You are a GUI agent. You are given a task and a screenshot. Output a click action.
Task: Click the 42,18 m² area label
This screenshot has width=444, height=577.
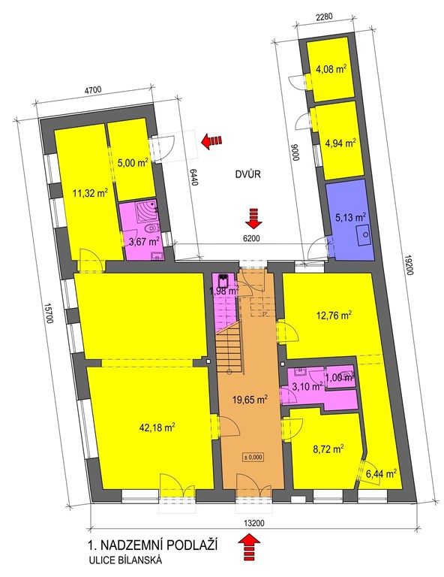tap(157, 427)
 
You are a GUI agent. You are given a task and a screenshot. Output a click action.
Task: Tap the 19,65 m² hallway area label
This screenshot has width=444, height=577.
tap(249, 398)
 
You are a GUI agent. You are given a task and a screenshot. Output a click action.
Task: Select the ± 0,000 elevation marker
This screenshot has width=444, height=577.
tap(253, 457)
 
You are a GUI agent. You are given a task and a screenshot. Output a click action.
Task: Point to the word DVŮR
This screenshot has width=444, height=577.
tap(248, 174)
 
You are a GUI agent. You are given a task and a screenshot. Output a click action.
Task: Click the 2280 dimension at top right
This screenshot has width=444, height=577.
tap(324, 17)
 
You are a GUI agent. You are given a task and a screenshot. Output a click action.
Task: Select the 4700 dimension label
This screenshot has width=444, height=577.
tap(92, 89)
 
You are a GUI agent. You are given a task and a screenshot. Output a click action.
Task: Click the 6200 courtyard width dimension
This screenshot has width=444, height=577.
tap(251, 238)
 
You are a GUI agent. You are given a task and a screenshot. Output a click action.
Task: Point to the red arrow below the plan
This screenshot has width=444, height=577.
tap(249, 546)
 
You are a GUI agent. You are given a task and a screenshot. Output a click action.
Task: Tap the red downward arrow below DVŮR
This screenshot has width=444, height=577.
tap(253, 218)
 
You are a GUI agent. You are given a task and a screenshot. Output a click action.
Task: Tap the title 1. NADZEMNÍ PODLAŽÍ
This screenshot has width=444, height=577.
tap(152, 545)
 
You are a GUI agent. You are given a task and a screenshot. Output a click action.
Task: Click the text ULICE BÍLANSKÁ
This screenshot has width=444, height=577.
tap(125, 560)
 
